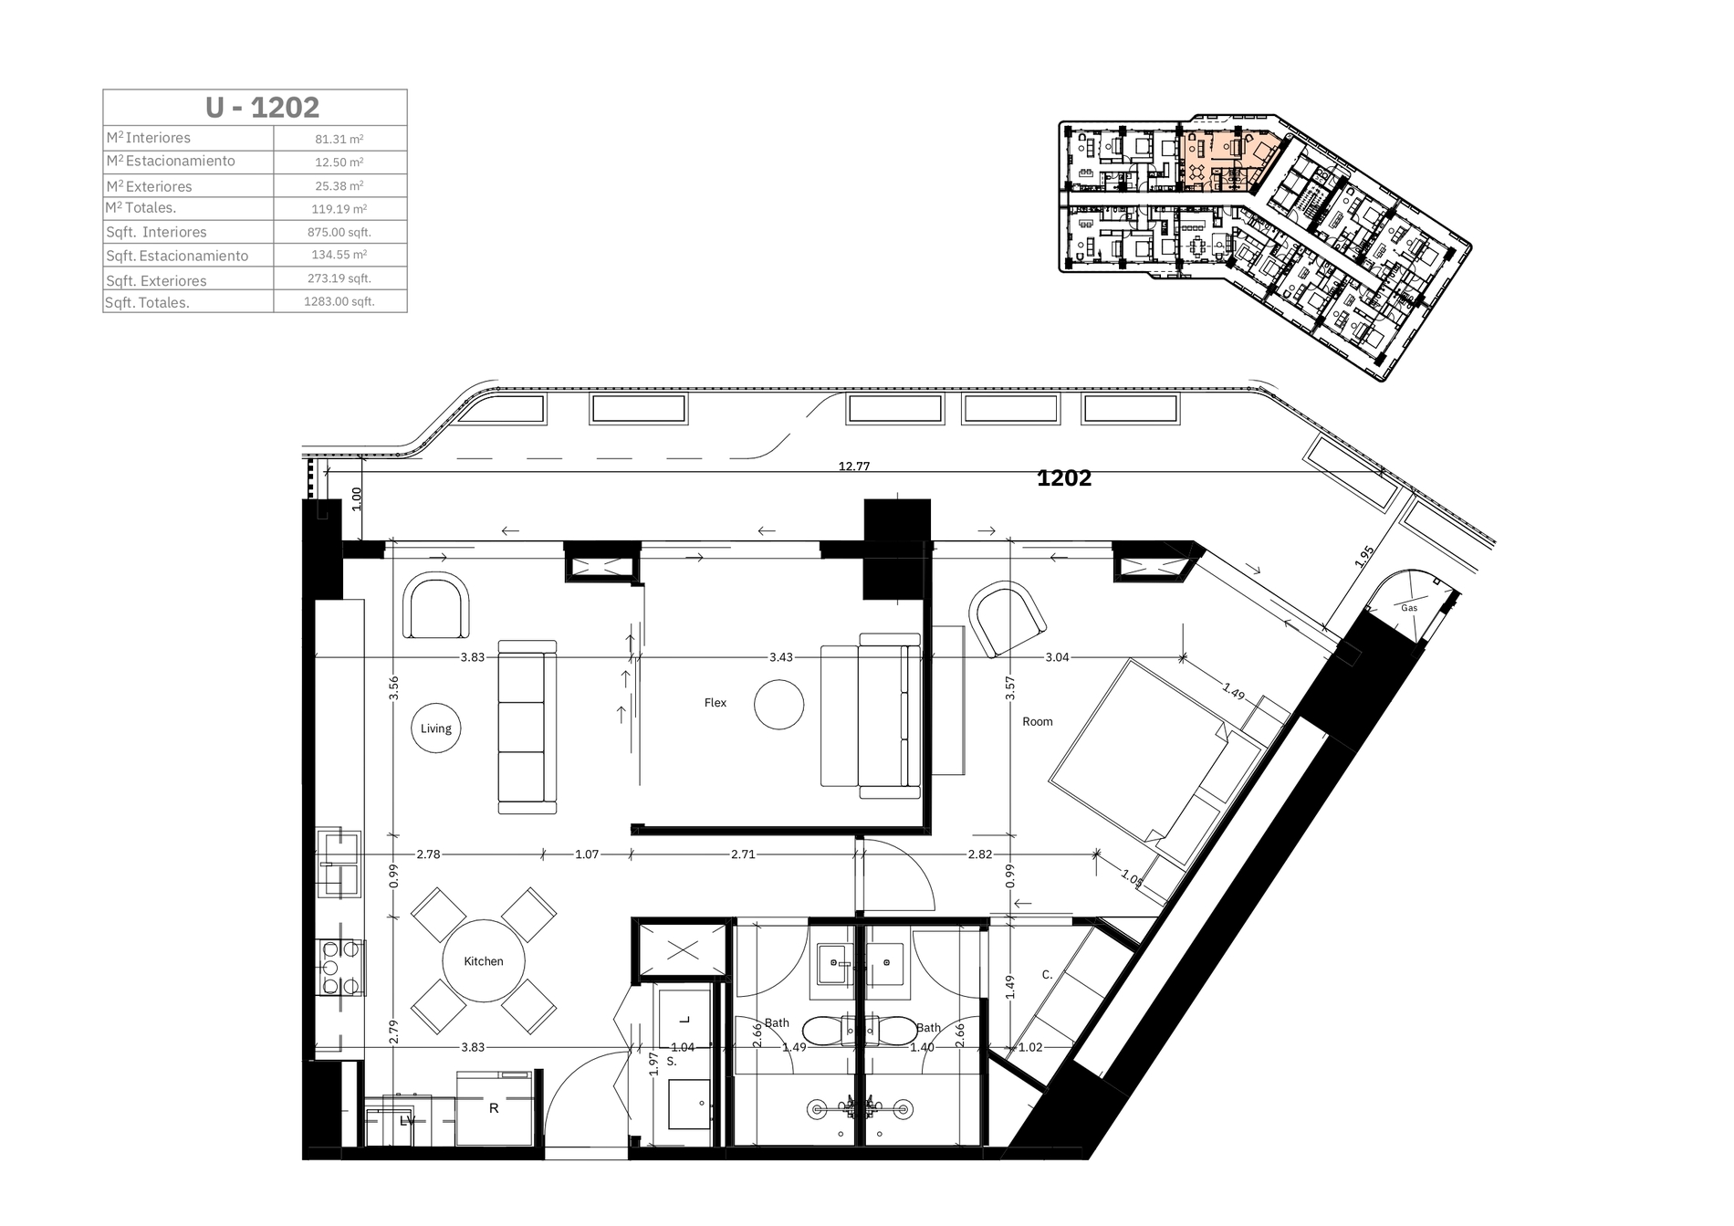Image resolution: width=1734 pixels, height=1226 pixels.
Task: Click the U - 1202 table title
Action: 262,108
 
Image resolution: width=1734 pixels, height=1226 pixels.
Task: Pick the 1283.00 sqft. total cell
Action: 339,301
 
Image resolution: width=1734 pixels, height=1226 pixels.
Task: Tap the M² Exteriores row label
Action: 149,185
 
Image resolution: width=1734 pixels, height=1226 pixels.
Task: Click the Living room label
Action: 436,728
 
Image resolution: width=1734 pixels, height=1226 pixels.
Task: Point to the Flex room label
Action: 716,703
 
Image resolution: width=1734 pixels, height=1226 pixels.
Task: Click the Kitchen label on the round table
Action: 484,961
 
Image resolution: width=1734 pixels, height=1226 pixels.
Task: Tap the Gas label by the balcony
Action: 1409,608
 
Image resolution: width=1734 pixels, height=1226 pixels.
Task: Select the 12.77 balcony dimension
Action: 854,466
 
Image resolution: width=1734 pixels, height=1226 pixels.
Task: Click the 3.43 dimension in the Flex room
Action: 781,657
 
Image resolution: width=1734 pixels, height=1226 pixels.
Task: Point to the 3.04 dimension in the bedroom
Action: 1057,657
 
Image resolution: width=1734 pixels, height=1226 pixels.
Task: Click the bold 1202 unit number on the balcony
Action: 1064,478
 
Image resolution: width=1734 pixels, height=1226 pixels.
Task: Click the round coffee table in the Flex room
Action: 779,704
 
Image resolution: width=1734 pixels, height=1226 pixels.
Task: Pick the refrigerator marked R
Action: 494,1108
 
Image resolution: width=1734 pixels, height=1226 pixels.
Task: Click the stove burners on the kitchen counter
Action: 340,968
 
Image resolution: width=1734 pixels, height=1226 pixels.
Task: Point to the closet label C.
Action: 1047,975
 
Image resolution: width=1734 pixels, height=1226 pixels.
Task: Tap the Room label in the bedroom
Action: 1038,722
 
